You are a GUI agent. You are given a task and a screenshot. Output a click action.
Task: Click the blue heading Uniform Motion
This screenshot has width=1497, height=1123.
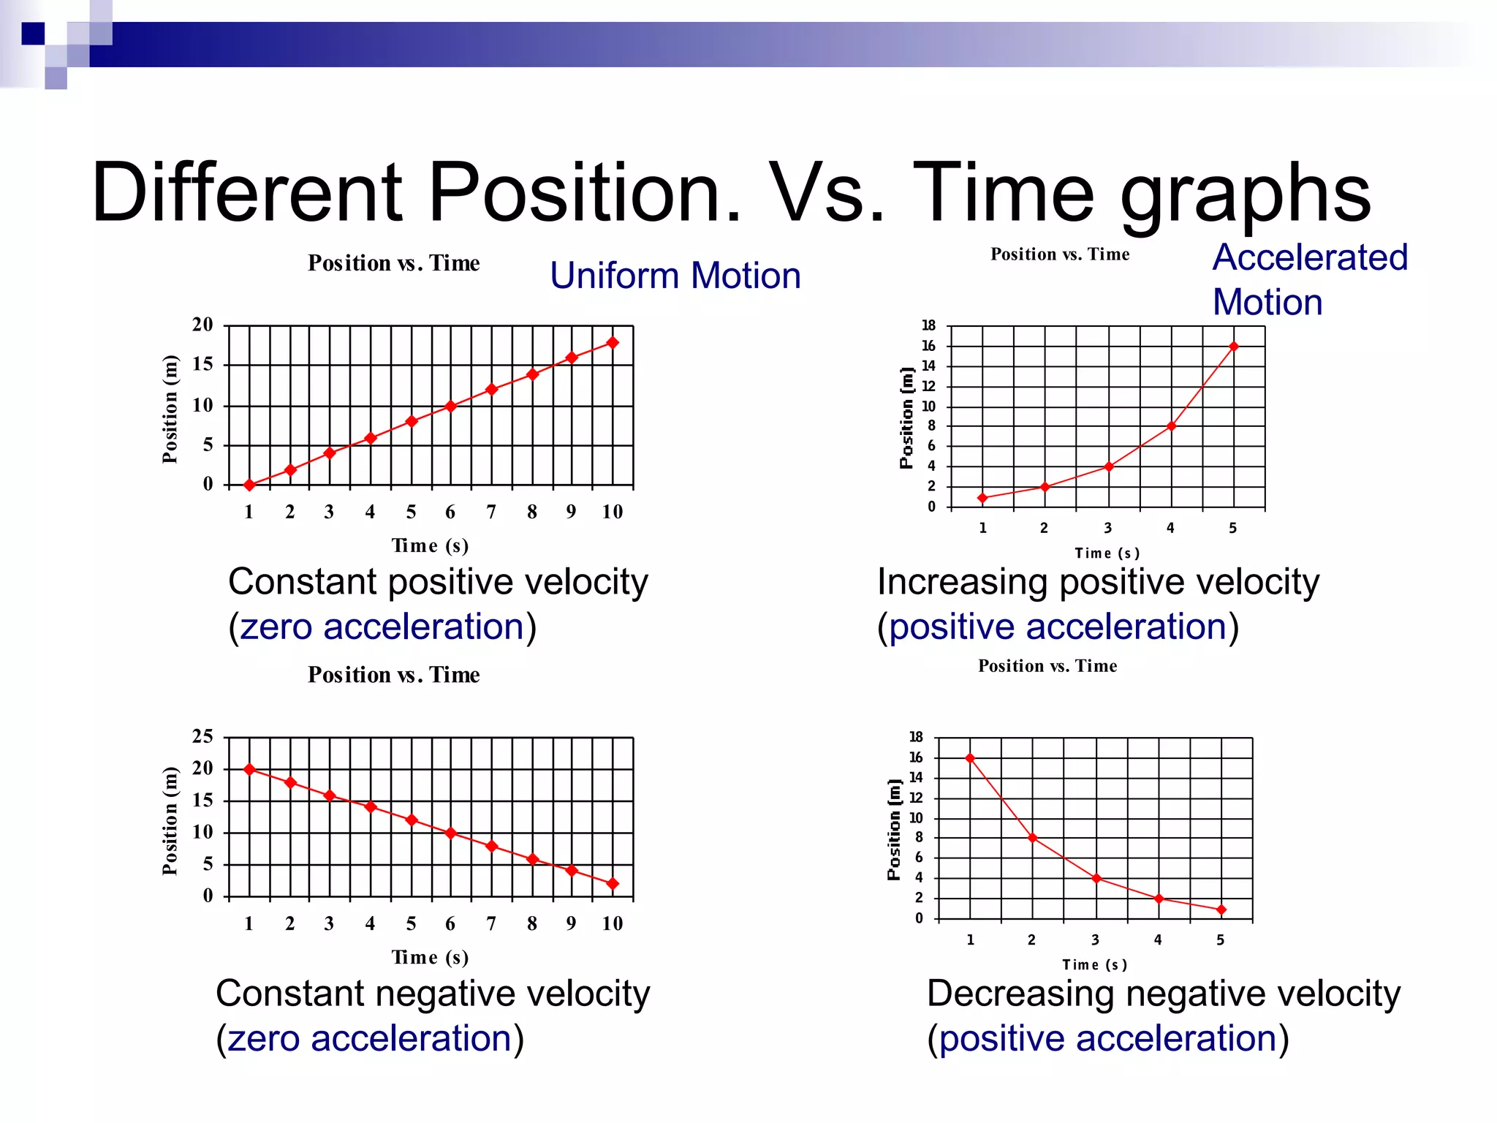pos(675,276)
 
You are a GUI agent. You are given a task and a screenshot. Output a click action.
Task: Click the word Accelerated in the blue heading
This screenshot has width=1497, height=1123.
pos(1310,257)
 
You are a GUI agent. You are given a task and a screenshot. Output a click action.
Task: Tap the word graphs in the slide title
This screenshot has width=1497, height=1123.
pos(1246,194)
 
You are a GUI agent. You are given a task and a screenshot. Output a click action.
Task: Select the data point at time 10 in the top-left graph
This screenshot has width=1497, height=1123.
pos(613,342)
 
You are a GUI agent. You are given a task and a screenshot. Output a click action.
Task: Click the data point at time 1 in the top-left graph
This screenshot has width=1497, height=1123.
pos(249,485)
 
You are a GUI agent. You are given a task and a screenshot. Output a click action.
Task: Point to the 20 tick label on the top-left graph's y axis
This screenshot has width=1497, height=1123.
pos(202,325)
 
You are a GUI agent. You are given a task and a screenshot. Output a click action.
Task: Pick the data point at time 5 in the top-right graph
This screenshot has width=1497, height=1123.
pos(1234,347)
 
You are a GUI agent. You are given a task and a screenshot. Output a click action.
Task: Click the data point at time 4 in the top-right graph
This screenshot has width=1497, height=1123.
pos(1171,426)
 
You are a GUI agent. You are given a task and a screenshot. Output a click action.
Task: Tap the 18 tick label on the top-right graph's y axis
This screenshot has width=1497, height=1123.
pos(928,325)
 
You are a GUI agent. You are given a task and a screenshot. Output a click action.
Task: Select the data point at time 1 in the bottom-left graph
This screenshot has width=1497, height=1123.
pos(249,769)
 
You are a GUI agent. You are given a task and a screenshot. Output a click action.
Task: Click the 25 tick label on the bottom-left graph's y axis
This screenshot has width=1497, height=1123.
pos(202,736)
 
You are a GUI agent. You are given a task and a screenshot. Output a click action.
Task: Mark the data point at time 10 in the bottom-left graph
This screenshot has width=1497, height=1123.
pos(613,884)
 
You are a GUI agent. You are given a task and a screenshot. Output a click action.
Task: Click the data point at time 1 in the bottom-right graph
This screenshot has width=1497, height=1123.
pos(970,758)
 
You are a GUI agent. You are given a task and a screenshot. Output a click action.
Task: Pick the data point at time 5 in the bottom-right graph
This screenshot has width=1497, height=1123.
pos(1221,910)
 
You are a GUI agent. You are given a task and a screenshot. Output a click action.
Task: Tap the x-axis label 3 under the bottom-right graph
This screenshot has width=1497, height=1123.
pos(1095,939)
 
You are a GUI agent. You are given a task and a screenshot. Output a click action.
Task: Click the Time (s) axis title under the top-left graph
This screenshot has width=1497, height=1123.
pos(430,545)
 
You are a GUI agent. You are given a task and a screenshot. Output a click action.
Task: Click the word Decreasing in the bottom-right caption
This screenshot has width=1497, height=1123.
pos(1020,994)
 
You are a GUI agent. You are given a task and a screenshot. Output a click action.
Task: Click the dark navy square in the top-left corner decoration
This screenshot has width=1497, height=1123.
pos(33,34)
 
